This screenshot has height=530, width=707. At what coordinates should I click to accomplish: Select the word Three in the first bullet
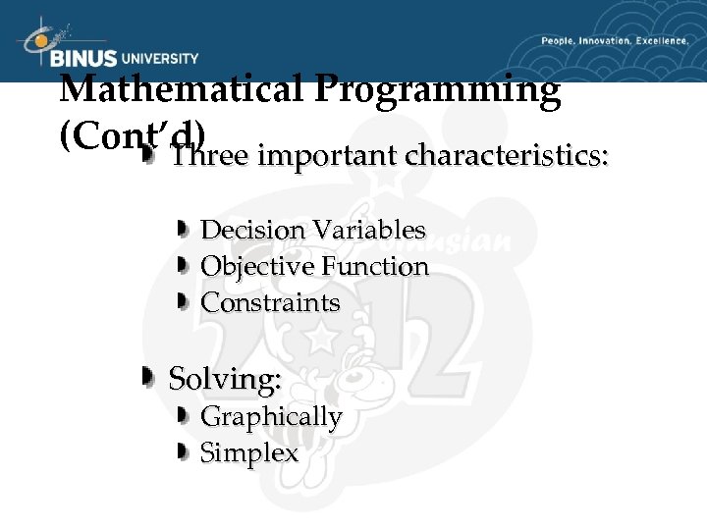(x=208, y=156)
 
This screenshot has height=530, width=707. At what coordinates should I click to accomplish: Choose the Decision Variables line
(x=312, y=231)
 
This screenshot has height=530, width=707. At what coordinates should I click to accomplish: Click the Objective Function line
(x=314, y=267)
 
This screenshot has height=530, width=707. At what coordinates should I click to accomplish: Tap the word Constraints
(x=270, y=303)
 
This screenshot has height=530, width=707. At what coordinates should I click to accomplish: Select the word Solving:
(x=225, y=378)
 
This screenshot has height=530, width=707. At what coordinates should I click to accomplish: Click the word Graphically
(x=271, y=417)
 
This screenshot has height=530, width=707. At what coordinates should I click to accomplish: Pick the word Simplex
(x=249, y=453)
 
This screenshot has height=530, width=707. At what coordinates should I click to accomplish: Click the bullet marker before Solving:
(x=147, y=377)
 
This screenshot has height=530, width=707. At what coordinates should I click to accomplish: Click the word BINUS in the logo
(x=84, y=59)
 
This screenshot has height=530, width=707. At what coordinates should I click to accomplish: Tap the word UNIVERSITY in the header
(x=159, y=59)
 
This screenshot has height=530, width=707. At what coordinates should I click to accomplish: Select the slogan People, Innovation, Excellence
(x=615, y=41)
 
